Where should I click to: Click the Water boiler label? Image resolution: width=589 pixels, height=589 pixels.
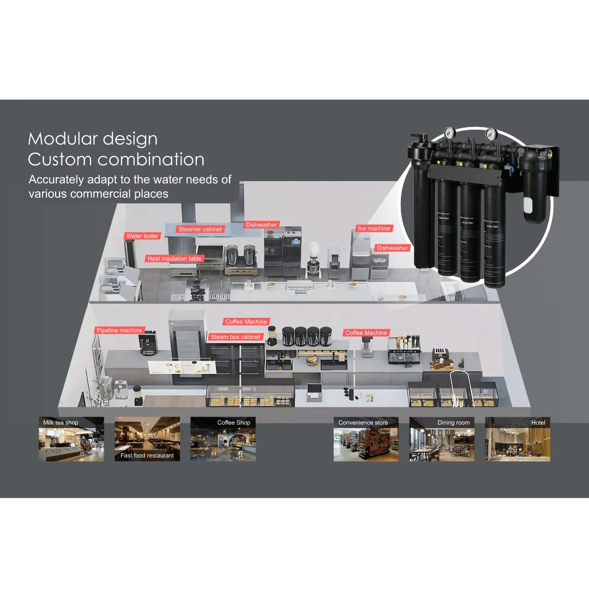click(142, 236)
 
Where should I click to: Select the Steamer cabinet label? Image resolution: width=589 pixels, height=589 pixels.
click(200, 229)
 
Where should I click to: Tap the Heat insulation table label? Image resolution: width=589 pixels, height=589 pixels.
click(175, 259)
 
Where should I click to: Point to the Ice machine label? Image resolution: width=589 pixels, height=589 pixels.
click(374, 229)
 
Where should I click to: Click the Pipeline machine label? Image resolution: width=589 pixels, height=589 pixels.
click(119, 330)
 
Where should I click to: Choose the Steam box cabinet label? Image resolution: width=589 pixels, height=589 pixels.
click(236, 337)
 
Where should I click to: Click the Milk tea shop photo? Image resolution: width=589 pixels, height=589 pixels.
click(71, 440)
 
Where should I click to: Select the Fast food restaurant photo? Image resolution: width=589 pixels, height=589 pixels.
click(147, 440)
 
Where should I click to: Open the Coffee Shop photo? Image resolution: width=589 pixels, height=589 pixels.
click(223, 440)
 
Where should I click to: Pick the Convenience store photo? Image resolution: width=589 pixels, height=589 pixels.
click(366, 440)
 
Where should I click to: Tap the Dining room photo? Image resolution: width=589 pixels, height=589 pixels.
click(442, 440)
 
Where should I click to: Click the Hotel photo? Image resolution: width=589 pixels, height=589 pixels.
click(518, 440)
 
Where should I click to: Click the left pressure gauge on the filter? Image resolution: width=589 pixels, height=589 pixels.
click(450, 132)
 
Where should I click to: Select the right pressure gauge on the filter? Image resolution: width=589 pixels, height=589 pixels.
click(490, 133)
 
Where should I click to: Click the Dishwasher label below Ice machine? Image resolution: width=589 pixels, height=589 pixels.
click(392, 248)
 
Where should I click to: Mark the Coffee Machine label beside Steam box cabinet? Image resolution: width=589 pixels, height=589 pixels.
click(246, 322)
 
